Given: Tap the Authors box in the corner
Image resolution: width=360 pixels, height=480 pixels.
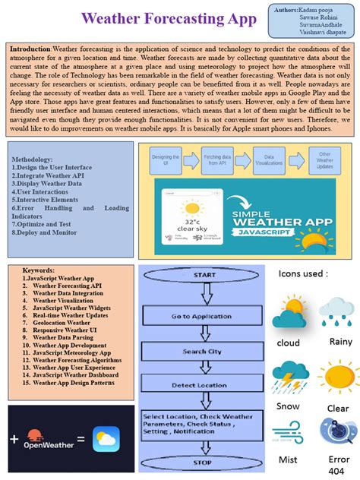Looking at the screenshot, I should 312,20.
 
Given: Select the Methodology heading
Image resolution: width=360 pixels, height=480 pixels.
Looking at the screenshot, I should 33,159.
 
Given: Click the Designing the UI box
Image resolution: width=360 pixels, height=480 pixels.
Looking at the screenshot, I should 165,160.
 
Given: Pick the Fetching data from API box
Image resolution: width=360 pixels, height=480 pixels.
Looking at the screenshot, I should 217,160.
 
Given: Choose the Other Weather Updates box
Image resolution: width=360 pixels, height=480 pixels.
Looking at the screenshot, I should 325,160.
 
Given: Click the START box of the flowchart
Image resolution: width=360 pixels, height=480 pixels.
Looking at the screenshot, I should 204,275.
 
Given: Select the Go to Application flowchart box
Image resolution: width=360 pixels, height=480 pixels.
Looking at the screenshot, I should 201,316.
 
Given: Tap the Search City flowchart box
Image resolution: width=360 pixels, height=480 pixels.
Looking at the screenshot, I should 202,352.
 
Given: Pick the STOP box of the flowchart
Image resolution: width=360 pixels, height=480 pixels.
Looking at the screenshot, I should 202,461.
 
